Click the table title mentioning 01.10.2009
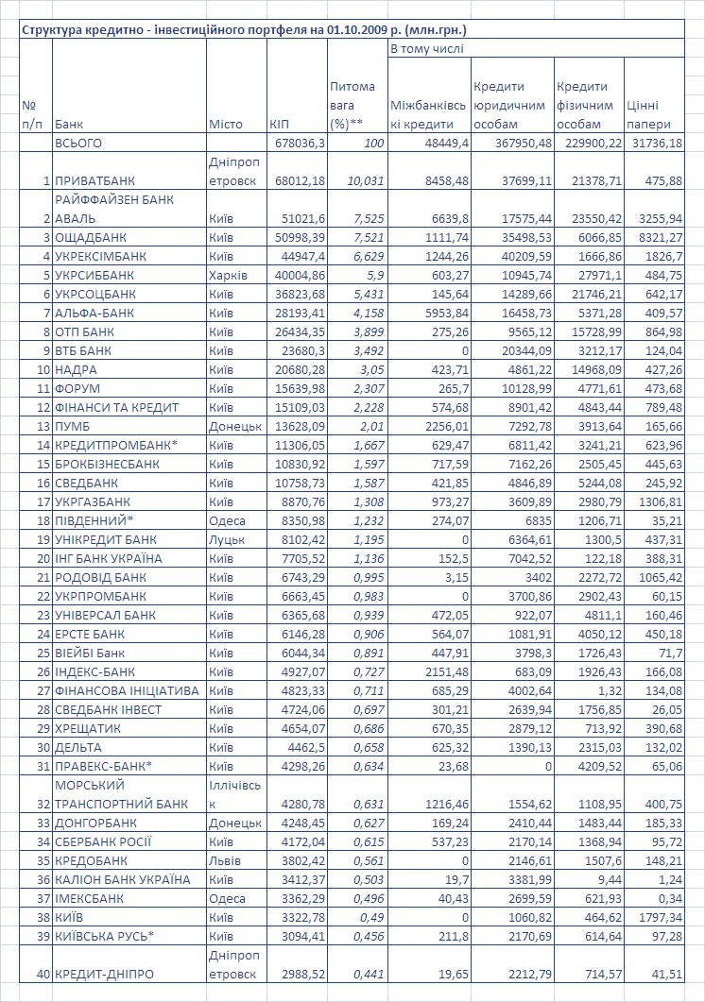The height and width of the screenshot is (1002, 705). point(244,30)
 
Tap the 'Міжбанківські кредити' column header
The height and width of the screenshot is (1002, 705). point(427,114)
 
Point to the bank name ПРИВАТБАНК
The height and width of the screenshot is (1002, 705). point(95,180)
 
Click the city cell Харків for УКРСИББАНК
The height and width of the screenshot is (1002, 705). point(228,275)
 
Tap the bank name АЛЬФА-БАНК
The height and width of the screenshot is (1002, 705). point(95,313)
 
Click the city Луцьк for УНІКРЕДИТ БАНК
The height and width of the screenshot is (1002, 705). point(226,539)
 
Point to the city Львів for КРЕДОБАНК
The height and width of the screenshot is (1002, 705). point(225,860)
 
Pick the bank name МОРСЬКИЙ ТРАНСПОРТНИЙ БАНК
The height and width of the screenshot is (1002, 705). point(121,794)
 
